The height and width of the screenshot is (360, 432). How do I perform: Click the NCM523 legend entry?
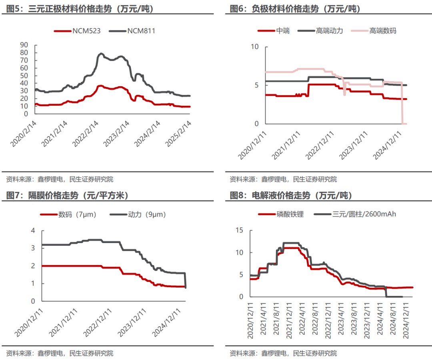[78, 31]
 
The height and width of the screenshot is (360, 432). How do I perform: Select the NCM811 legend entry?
[132, 31]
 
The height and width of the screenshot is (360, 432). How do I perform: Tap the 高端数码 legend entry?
[374, 30]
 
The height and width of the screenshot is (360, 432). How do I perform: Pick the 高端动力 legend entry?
[320, 30]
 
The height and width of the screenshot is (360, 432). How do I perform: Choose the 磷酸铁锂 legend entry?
[281, 214]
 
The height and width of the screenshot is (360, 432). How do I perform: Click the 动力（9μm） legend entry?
[138, 214]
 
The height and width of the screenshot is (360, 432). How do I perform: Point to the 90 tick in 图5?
[24, 45]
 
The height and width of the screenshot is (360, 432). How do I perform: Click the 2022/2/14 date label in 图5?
[86, 133]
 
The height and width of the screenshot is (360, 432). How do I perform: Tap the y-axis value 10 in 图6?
[255, 46]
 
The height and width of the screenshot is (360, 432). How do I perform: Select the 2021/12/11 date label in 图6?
[286, 145]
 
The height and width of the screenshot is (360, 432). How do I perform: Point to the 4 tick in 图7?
[33, 230]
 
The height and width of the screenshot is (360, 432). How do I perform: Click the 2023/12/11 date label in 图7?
[132, 322]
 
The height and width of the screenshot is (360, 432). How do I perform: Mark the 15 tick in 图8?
[240, 230]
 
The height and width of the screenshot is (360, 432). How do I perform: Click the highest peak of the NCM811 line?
[101, 54]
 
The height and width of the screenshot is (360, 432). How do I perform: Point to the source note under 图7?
[60, 353]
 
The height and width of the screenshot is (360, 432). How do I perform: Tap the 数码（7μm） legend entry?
[68, 214]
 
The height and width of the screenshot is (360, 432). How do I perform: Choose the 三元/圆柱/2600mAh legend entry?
[355, 214]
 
